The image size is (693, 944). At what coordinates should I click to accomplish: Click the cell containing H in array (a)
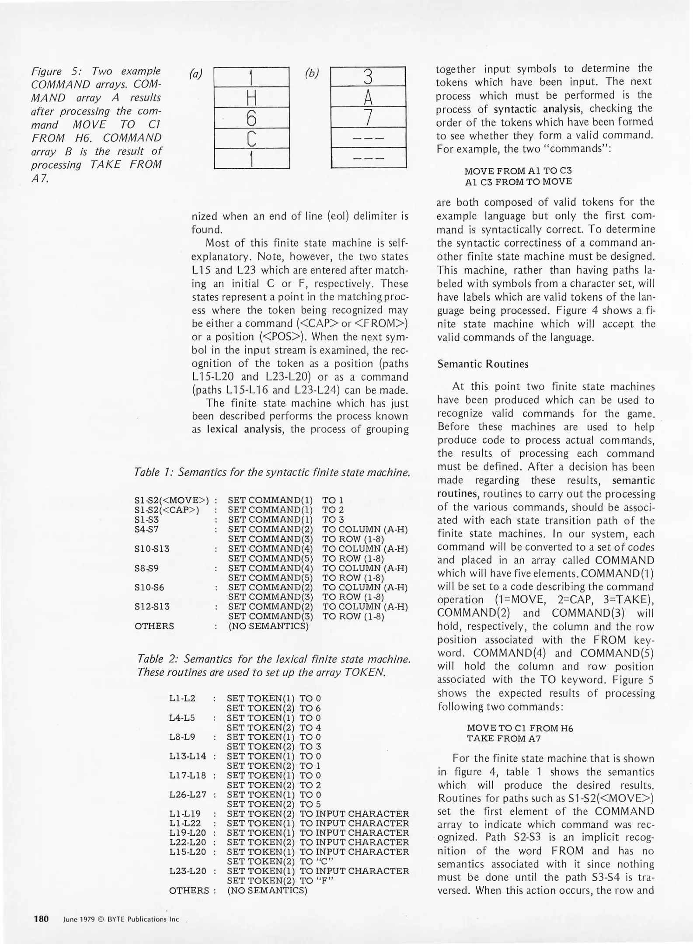click(252, 97)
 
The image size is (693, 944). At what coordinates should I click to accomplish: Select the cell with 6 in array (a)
click(252, 118)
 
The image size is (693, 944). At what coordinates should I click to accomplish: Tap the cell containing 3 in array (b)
click(368, 77)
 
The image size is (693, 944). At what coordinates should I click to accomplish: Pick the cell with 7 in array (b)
click(368, 118)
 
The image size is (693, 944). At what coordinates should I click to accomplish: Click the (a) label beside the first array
click(195, 74)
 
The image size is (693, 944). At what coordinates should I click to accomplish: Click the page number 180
click(41, 919)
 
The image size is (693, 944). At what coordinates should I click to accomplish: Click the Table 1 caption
click(272, 472)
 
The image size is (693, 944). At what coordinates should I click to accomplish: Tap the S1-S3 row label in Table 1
click(147, 520)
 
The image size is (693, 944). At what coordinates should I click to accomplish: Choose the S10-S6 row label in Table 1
click(150, 587)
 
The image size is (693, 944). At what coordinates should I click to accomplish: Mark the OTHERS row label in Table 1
click(154, 626)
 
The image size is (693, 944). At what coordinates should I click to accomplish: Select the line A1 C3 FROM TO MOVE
click(518, 181)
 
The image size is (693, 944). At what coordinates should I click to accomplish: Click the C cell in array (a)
click(252, 138)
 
